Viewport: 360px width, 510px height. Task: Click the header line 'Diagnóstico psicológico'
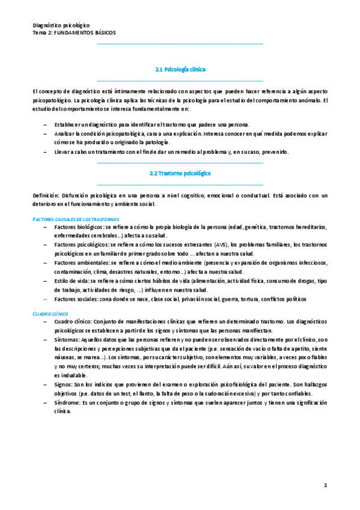pos(61,25)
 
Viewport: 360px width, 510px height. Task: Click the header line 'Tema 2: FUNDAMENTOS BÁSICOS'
pos(74,32)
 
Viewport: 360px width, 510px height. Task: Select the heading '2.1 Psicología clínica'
pos(180,70)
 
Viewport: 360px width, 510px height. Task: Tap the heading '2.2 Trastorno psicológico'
pos(180,173)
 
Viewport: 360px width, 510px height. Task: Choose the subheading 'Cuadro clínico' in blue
pos(50,314)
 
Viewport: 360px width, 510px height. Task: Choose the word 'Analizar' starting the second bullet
pos(65,134)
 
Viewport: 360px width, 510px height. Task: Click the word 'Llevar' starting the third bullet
pos(62,152)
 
